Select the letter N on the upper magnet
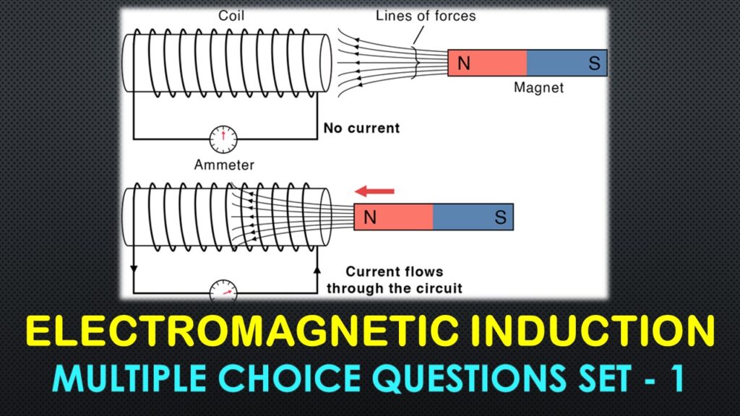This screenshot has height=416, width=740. (464, 64)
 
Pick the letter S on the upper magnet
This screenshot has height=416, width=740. (594, 64)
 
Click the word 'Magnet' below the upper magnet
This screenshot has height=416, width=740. (538, 88)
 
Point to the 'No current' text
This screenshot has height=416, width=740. (361, 129)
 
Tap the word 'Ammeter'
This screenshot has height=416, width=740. (224, 165)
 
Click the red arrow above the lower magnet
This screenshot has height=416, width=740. (374, 191)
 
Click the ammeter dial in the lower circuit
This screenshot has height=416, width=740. (223, 291)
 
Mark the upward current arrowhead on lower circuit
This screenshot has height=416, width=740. (317, 269)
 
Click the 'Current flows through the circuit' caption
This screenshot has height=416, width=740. (394, 280)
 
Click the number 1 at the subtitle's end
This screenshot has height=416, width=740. (676, 379)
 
